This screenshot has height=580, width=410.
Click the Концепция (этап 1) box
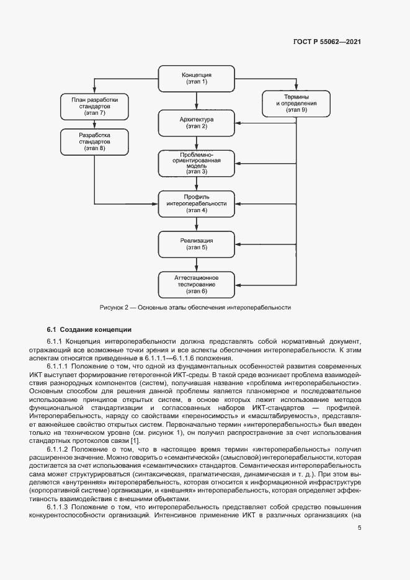coord(197,78)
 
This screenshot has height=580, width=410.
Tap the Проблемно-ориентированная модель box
coord(197,163)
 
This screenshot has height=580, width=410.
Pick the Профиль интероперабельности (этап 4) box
coord(197,203)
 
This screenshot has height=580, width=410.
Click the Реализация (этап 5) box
coord(197,244)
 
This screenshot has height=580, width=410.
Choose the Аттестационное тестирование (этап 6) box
coord(197,283)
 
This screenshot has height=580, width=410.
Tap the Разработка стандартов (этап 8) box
coord(94,142)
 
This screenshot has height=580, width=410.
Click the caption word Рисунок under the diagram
coord(114,307)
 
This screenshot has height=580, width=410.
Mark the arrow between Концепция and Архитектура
coord(197,100)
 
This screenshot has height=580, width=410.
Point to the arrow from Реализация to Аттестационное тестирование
coord(197,264)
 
